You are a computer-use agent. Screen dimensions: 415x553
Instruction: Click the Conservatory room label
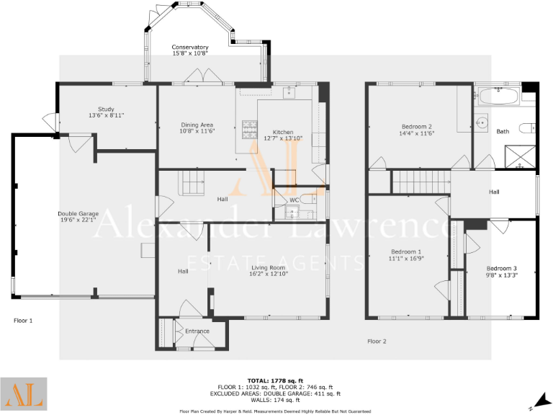190,48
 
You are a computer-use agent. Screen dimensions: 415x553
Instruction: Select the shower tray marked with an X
521,156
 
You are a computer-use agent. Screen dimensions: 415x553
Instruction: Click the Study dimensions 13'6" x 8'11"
107,115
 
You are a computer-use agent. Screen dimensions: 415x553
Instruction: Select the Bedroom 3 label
501,268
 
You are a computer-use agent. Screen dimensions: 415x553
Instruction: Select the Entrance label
197,331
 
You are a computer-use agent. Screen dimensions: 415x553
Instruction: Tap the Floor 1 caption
24,320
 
